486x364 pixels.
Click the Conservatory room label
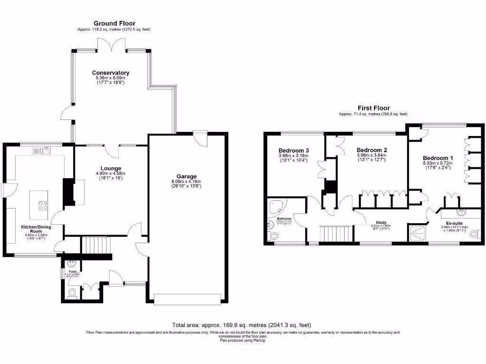[111, 73]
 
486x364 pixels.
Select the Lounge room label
[111, 168]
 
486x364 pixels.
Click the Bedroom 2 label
[372, 150]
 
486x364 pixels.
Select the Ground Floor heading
[114, 23]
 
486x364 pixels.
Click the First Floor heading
[373, 108]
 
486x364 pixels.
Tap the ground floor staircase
[97, 246]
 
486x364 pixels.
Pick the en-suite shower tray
[418, 234]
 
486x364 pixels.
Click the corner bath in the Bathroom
[277, 207]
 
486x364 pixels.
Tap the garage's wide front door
[187, 298]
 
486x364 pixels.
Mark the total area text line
[242, 325]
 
